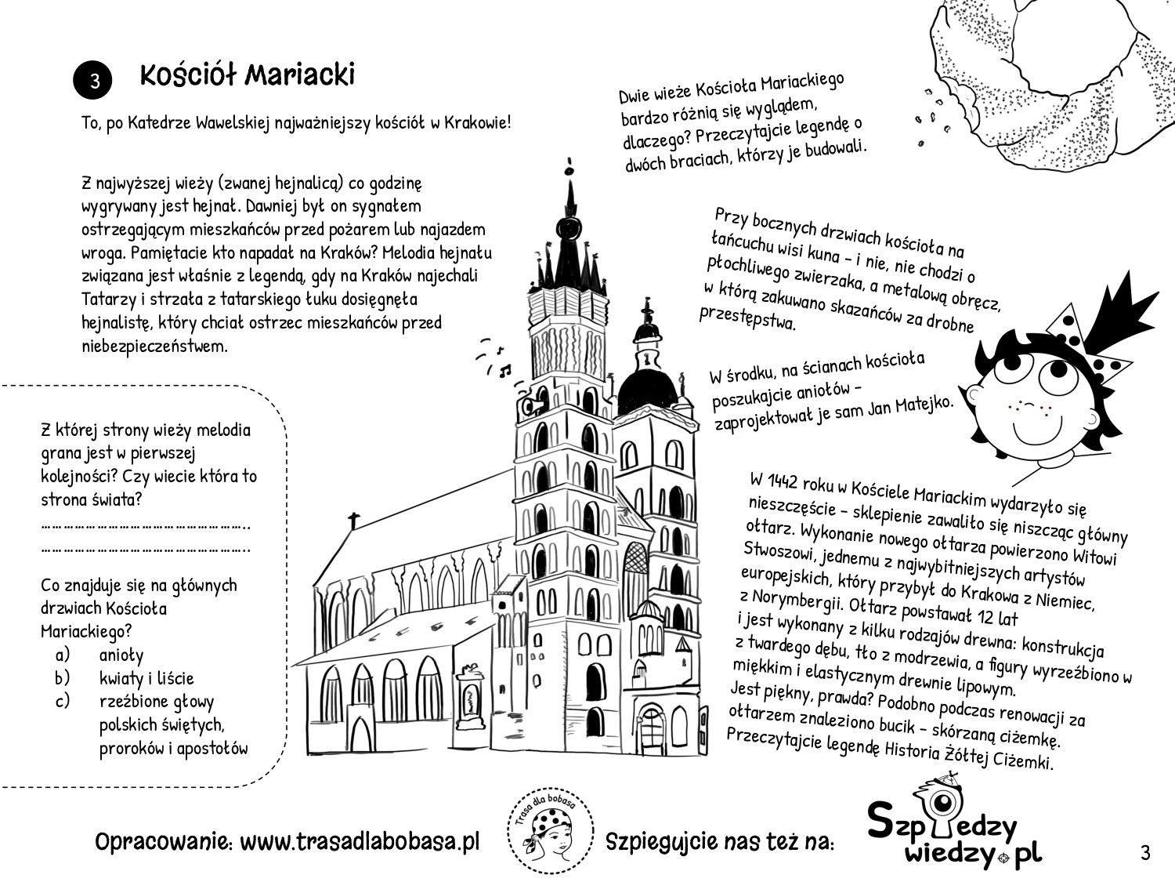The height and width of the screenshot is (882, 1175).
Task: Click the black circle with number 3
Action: point(93,82)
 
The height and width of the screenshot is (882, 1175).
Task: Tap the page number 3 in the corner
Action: point(1145,852)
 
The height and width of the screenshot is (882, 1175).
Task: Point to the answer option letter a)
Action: point(63,654)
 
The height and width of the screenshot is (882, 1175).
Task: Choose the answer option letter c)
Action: point(63,701)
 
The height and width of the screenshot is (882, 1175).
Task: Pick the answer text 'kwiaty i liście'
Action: point(146,678)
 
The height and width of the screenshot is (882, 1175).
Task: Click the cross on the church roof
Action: point(354,520)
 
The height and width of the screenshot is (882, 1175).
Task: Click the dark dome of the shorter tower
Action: point(647,388)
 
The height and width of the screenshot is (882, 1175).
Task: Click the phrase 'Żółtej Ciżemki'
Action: point(1003,758)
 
